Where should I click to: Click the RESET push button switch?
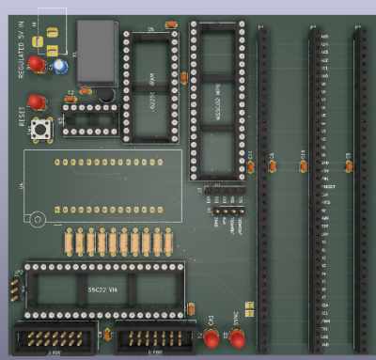point(41,132)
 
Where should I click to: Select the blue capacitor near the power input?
point(60,67)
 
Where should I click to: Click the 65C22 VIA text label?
point(103,291)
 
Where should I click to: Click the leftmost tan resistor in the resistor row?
point(69,243)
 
